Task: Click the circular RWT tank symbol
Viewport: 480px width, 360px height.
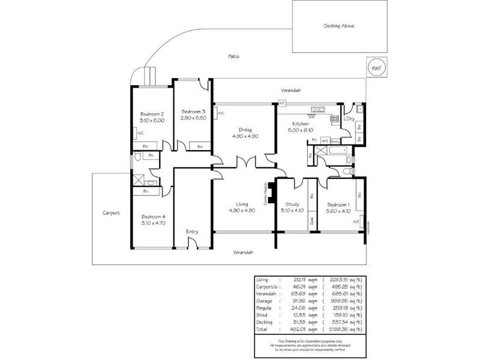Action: [x=376, y=68]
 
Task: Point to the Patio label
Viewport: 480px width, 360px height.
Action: [x=234, y=56]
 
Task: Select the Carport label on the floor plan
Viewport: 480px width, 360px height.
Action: [x=112, y=213]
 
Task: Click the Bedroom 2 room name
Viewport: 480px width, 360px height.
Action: [x=152, y=114]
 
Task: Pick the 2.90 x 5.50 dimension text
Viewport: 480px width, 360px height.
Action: [x=193, y=118]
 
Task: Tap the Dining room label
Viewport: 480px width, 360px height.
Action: [x=245, y=130]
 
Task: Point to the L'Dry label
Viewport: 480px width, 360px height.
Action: [x=349, y=118]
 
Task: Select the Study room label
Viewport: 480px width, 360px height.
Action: [x=292, y=204]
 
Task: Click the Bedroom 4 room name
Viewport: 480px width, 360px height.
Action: [x=153, y=217]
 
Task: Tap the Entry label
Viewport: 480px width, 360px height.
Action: [x=192, y=232]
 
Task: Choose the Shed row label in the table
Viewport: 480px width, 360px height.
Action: [x=262, y=315]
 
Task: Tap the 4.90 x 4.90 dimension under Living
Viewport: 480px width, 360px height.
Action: [x=243, y=211]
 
